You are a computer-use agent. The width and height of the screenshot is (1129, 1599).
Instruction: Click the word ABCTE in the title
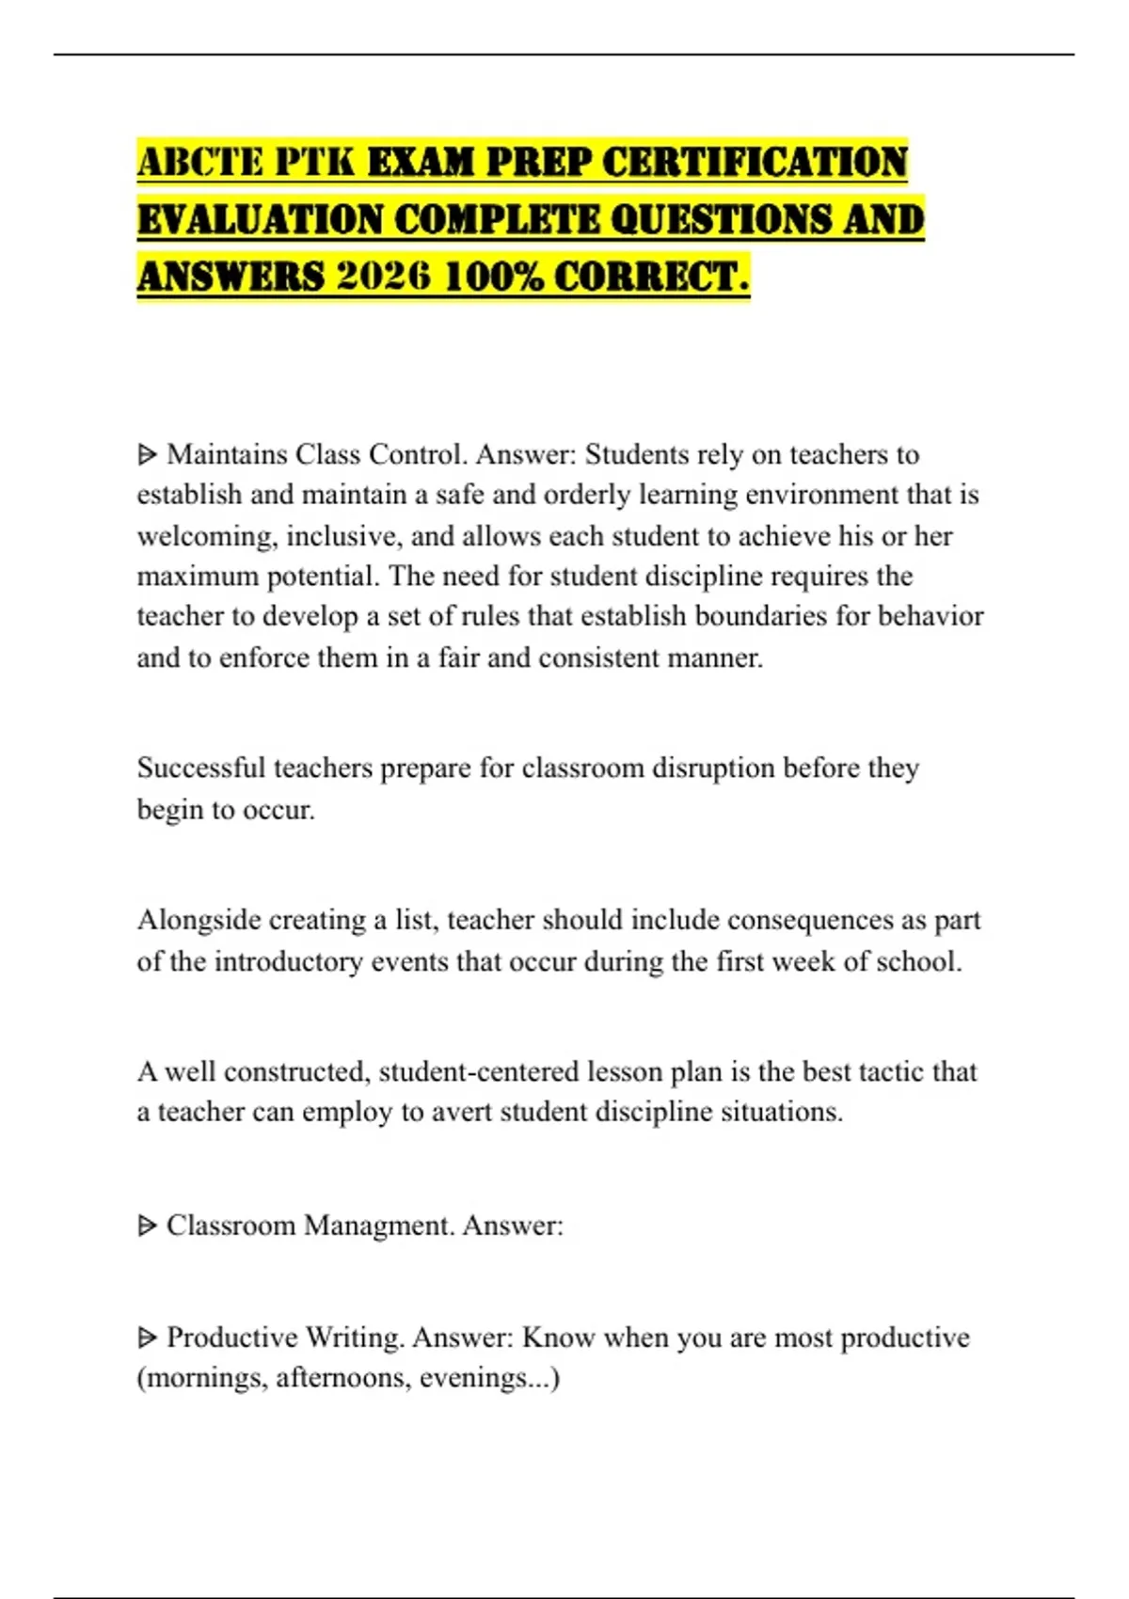point(199,163)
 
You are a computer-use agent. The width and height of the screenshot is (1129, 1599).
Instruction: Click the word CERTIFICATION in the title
point(754,163)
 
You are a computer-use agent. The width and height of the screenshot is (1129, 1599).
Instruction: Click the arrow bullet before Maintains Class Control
point(147,455)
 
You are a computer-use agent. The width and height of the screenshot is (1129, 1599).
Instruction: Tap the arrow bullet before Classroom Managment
point(147,1227)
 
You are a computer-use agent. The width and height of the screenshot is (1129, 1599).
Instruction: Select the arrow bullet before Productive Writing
point(147,1338)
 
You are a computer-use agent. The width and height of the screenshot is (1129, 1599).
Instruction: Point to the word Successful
point(201,768)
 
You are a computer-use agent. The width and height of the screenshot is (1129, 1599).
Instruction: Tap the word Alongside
point(199,920)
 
